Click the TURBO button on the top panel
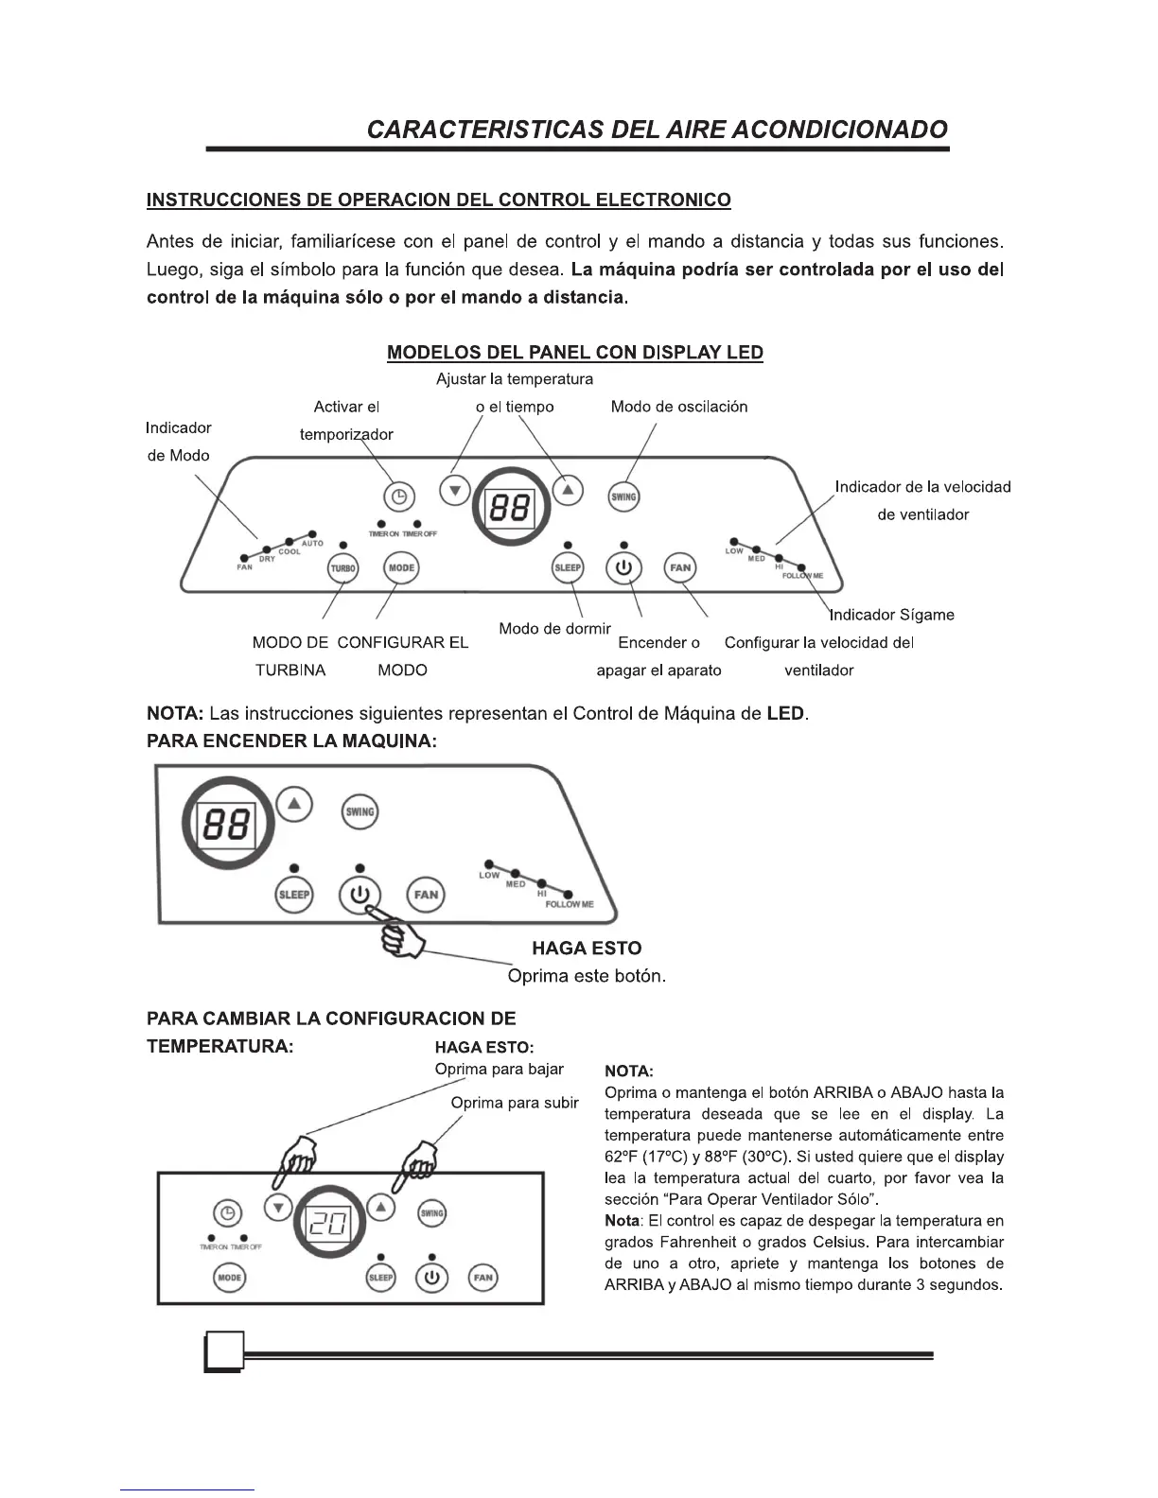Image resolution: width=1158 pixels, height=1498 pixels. tap(342, 568)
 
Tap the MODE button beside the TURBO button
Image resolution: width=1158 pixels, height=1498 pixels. tap(401, 567)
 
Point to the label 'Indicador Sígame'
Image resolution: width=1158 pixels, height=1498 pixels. tap(891, 615)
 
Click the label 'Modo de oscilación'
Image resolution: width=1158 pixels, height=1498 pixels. tap(678, 407)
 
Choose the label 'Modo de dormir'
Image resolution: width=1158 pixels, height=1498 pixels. tap(554, 629)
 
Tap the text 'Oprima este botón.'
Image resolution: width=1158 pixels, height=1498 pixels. tap(587, 976)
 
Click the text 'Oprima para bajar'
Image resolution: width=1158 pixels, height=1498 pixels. tap(499, 1069)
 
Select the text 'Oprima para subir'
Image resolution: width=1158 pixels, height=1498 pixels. tap(514, 1103)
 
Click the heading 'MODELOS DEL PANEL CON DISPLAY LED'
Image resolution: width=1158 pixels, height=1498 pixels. tap(575, 353)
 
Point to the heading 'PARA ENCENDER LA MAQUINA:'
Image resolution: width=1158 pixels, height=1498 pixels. tap(291, 741)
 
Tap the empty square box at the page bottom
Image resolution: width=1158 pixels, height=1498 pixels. tap(224, 1350)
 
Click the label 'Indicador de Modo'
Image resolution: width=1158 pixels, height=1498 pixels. tap(178, 442)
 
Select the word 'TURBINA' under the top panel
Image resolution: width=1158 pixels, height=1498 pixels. tap(290, 671)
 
